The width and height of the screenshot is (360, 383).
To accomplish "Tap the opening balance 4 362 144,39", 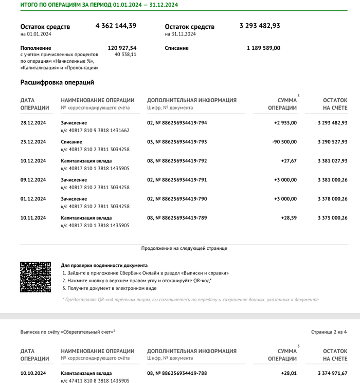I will [x=116, y=26].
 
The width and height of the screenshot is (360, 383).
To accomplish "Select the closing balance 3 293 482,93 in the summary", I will [x=260, y=26].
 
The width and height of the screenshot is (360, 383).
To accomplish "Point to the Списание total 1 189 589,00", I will [x=263, y=48].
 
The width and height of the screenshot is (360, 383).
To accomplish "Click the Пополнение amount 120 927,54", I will [x=122, y=48].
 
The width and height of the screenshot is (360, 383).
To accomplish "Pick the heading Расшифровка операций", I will [x=57, y=82].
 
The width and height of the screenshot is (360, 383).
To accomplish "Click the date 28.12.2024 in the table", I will [x=33, y=123].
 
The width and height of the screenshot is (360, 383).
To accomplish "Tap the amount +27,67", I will [x=289, y=161].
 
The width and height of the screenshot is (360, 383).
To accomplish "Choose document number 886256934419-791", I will [x=177, y=180].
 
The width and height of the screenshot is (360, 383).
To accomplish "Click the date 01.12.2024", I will [x=33, y=199].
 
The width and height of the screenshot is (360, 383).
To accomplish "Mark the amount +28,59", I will [x=289, y=218].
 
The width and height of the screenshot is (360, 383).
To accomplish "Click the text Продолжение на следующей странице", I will [x=184, y=248].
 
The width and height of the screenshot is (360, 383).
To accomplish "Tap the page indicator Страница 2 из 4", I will [x=329, y=332].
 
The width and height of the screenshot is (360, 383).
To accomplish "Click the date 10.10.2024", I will [x=33, y=373].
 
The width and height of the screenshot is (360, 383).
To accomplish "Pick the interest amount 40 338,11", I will [x=125, y=54].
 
